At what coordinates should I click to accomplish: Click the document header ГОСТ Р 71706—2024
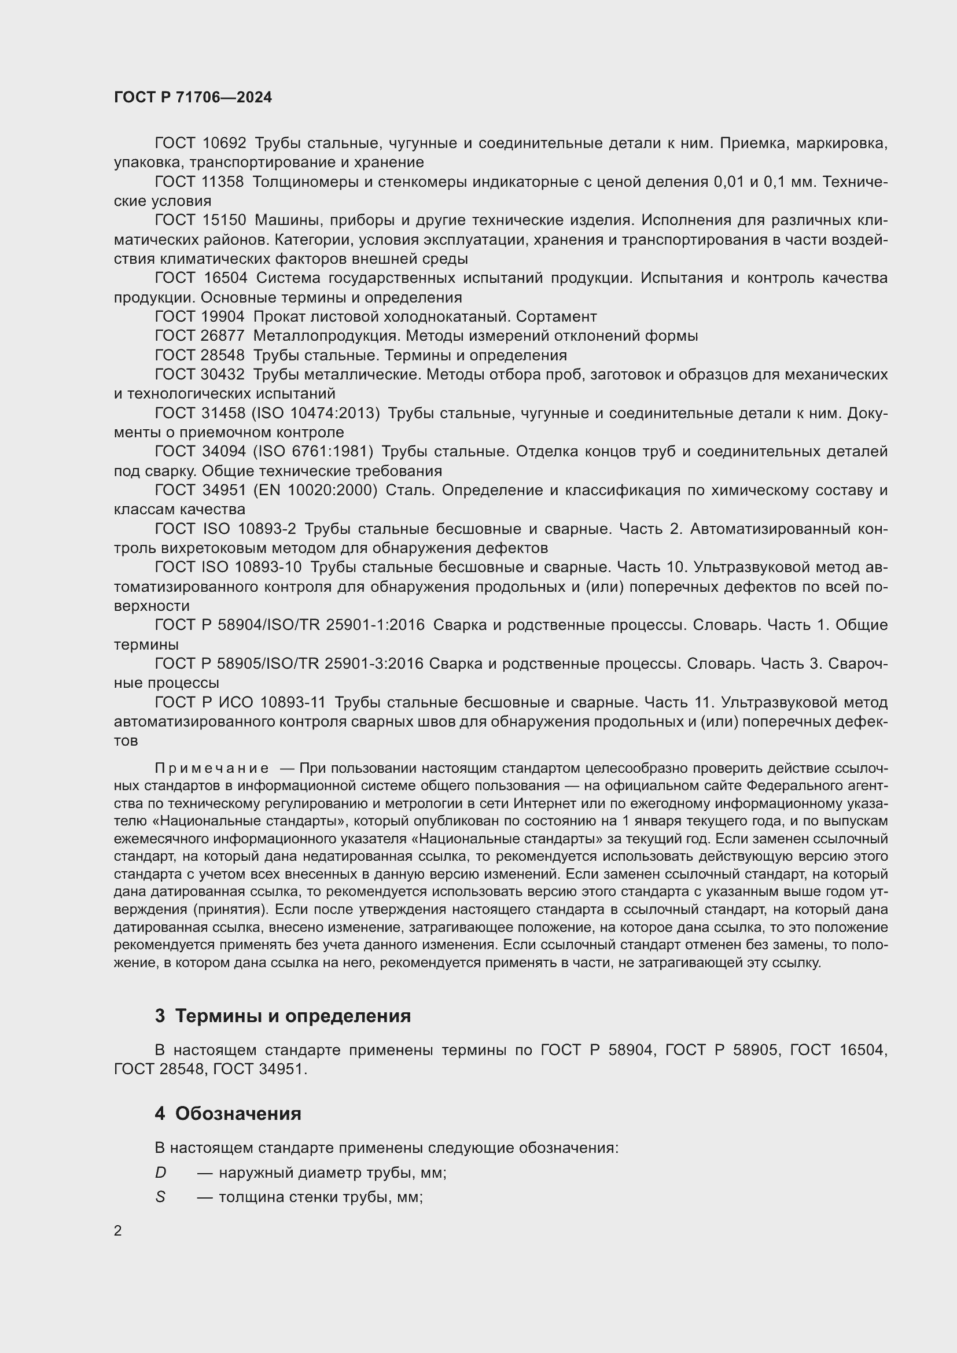(x=193, y=98)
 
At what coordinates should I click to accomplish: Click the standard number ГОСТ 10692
(x=200, y=143)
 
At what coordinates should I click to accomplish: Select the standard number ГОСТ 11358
(x=199, y=182)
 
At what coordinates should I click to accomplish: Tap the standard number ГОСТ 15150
(x=200, y=220)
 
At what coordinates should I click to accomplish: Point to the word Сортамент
(x=556, y=317)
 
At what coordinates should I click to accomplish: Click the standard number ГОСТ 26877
(x=199, y=336)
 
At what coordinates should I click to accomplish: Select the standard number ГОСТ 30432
(x=199, y=375)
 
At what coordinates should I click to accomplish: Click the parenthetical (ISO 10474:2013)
(x=316, y=413)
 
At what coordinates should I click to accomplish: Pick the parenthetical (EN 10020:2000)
(x=315, y=491)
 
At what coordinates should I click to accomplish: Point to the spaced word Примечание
(x=212, y=768)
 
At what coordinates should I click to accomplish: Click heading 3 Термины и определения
(x=283, y=1016)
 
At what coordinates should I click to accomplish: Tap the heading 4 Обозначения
(x=228, y=1114)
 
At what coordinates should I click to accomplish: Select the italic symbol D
(x=160, y=1173)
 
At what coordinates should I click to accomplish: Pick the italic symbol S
(x=160, y=1197)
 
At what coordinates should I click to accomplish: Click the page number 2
(x=118, y=1231)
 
